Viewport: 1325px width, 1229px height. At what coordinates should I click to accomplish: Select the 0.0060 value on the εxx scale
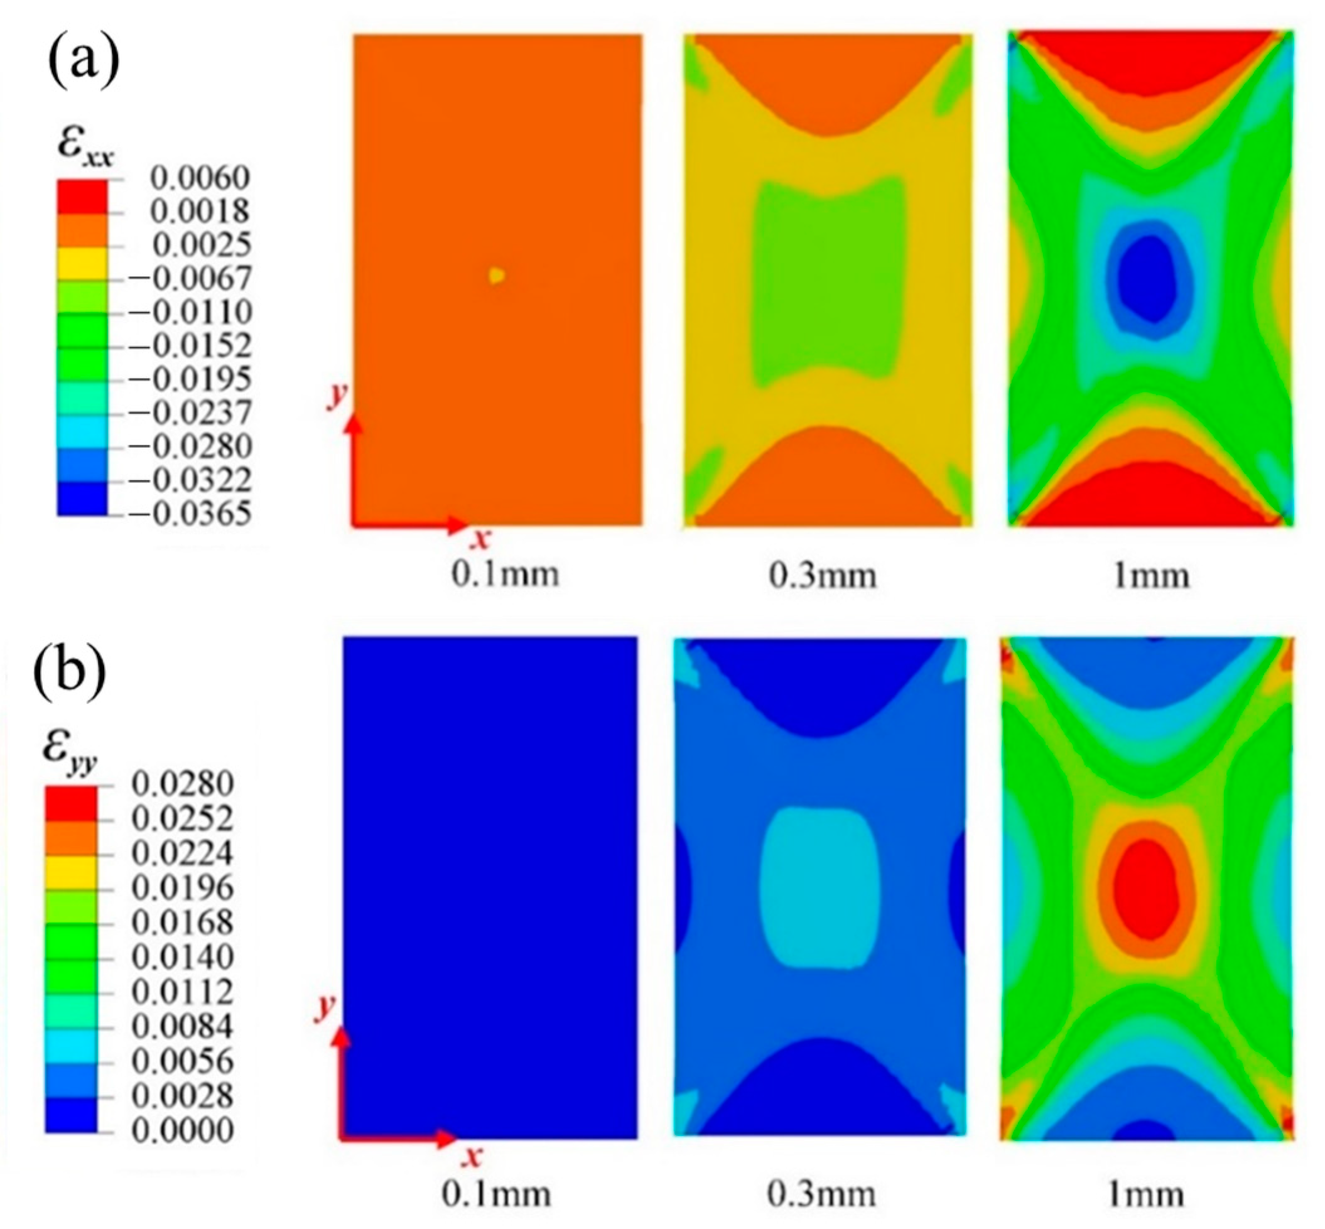(x=200, y=178)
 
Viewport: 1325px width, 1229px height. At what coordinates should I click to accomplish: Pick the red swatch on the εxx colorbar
(x=82, y=196)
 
